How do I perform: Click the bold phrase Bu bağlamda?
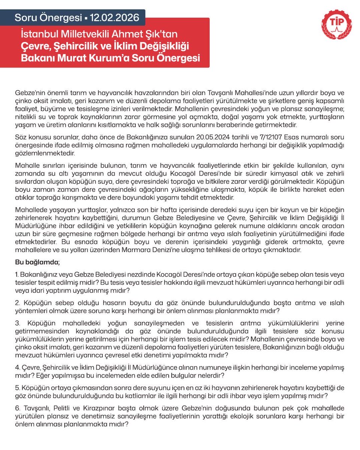click(x=37, y=262)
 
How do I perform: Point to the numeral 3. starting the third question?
click(x=18, y=323)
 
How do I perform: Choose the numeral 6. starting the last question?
click(x=17, y=408)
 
